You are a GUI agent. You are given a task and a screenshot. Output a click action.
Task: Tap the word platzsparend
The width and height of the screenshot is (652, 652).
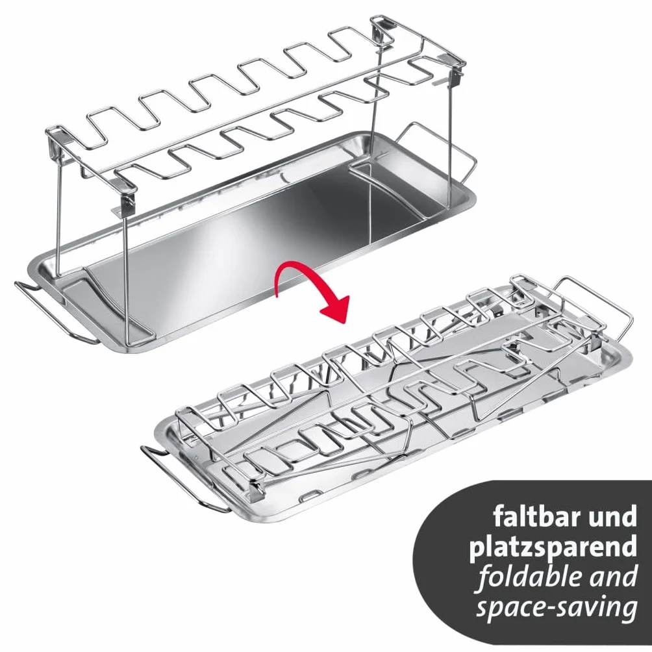tap(553, 548)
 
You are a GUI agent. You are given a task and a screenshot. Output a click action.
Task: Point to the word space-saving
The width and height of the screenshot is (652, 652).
tap(557, 608)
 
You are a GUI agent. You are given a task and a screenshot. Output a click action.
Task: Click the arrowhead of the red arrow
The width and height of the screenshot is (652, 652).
tap(334, 308)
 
